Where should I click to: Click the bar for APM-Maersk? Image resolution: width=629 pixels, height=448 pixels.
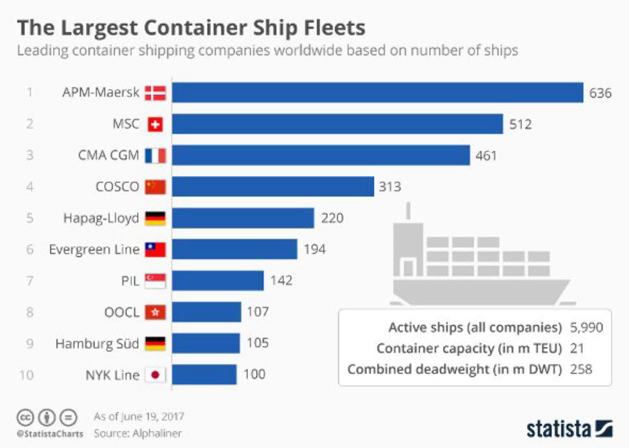(377, 93)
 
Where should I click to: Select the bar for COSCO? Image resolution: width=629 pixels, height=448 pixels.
(273, 187)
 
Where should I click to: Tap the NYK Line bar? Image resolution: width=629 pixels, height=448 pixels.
(204, 375)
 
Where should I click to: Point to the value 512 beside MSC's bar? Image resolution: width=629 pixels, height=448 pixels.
(521, 124)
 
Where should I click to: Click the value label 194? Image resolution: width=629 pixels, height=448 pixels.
(314, 249)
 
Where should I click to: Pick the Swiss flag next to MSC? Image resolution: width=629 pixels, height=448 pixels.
(155, 124)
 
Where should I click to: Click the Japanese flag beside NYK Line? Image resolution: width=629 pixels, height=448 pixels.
(155, 375)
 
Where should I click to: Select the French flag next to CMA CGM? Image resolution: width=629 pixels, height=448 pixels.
(155, 156)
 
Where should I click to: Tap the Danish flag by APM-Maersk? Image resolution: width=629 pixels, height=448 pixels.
(155, 93)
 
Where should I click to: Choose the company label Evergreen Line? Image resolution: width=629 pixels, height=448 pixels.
(89, 249)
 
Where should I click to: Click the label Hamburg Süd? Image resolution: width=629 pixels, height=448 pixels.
(97, 343)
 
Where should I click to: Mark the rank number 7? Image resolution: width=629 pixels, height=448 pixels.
(29, 281)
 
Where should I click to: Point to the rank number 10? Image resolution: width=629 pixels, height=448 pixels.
(27, 375)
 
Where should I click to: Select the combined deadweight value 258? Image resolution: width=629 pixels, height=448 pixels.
(581, 368)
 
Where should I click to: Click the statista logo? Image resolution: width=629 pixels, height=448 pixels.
(569, 427)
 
